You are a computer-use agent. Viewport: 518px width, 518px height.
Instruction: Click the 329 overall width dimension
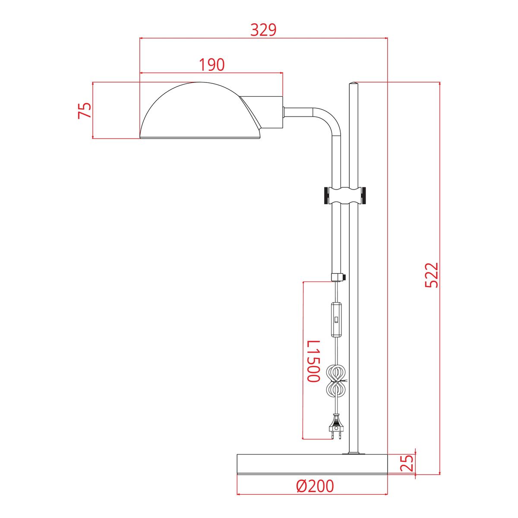(x=263, y=30)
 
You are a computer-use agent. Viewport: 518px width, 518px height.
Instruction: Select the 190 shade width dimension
(x=212, y=65)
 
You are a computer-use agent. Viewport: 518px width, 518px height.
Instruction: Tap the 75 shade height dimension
(x=85, y=111)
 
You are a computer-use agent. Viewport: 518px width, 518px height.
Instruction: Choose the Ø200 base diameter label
(x=315, y=486)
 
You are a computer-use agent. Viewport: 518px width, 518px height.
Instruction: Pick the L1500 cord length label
(x=313, y=361)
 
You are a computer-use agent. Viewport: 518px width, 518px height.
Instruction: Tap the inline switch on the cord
(x=335, y=319)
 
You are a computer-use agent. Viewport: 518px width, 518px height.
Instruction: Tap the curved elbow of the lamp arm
(x=330, y=119)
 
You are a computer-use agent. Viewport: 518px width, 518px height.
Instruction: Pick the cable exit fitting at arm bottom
(x=337, y=277)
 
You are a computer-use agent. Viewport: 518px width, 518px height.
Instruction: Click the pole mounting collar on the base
(x=354, y=453)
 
